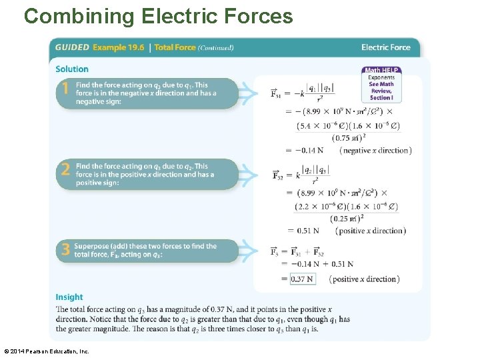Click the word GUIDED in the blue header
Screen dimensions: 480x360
click(72, 47)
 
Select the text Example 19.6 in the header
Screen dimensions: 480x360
click(119, 47)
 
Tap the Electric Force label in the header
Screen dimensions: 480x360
click(385, 47)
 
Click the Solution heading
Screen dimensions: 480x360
click(72, 69)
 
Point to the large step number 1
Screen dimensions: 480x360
click(65, 89)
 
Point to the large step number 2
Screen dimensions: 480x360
click(65, 169)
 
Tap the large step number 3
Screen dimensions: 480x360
click(65, 249)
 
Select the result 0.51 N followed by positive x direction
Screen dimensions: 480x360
click(307, 231)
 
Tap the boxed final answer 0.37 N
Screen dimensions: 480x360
click(303, 279)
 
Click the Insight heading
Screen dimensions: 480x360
click(69, 297)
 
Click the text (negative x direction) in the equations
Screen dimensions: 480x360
click(375, 151)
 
